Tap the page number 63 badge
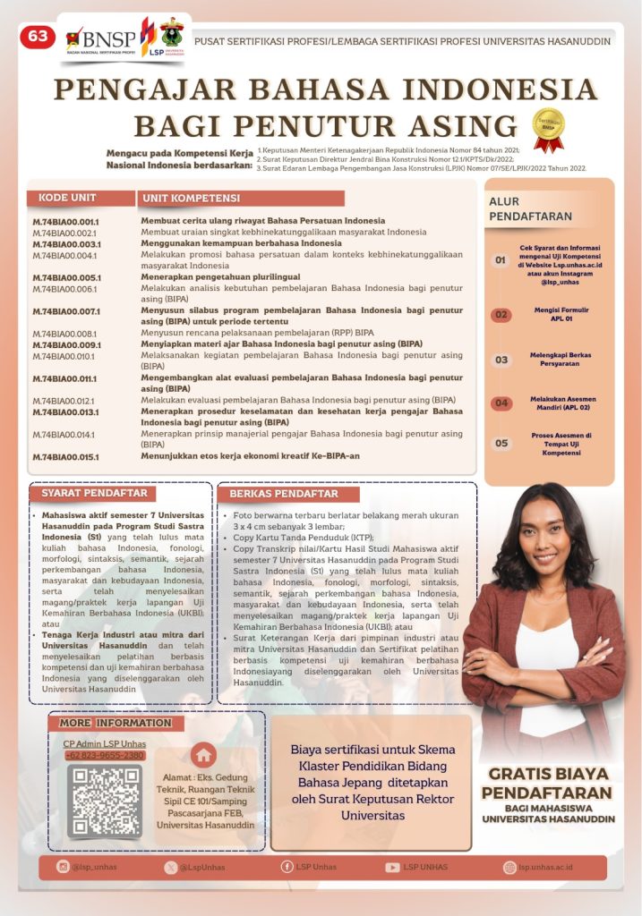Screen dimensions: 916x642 38,37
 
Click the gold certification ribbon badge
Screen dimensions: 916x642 547,130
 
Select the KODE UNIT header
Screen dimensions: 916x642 68,198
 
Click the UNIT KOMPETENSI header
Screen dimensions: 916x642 191,198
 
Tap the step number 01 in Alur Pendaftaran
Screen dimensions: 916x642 501,260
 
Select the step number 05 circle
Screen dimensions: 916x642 501,443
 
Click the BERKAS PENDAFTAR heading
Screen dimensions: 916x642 284,494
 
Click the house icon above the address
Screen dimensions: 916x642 204,754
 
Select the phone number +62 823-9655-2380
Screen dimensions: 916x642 104,756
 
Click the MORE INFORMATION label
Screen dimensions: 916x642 115,723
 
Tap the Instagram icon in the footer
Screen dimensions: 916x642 63,867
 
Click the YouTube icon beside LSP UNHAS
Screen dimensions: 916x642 392,867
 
